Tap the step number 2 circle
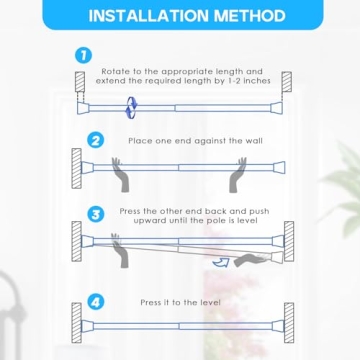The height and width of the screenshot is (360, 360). [x=95, y=141]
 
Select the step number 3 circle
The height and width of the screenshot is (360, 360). [x=95, y=214]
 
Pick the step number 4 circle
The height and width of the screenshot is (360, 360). [x=95, y=301]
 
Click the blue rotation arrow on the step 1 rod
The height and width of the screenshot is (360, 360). [x=127, y=102]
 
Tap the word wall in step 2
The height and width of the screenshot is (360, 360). [x=254, y=141]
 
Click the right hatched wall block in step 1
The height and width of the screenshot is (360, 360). [x=286, y=82]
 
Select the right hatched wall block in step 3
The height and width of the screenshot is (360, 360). [x=288, y=240]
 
